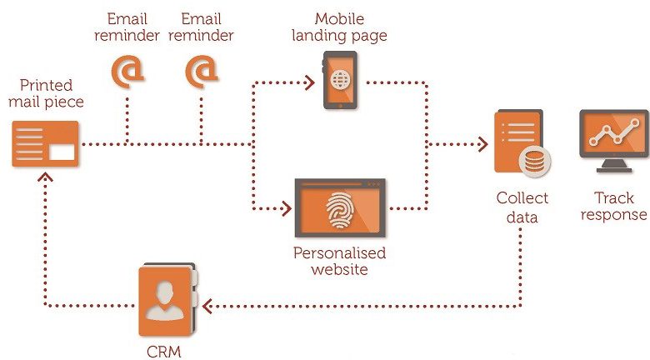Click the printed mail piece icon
point(45,144)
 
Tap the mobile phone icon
point(340,80)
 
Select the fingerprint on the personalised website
point(340,211)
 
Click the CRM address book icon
point(167,299)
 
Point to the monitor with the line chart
point(614,141)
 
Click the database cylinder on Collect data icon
point(535,162)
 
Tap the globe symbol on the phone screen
point(340,80)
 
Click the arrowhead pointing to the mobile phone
point(310,82)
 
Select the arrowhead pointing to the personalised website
point(287,208)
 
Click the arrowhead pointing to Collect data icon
point(483,144)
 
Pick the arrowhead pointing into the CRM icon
point(207,306)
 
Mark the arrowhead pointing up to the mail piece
point(45,177)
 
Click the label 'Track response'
point(614,206)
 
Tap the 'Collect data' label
point(522,207)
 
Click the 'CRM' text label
point(164,352)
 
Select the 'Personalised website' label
point(339,261)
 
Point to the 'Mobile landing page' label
point(339,27)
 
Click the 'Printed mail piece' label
point(46,93)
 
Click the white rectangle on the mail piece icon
point(62,152)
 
